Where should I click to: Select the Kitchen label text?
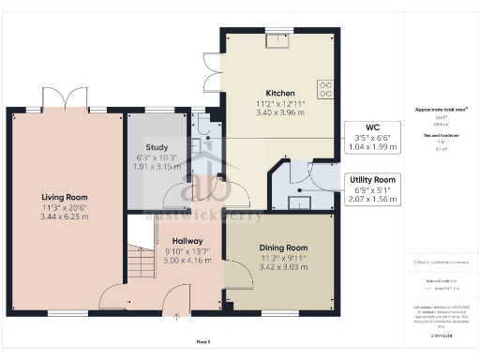pos(280,94)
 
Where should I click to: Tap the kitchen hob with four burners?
pos(326,89)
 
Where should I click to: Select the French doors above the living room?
pos(65,100)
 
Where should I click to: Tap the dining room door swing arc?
pos(240,274)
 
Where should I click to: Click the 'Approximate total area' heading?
pos(441,110)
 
